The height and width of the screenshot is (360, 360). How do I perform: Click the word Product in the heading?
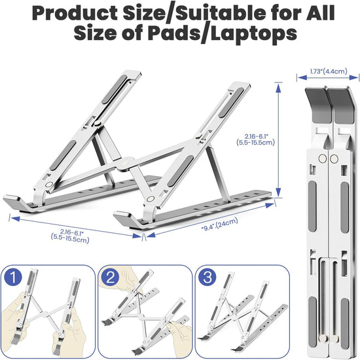pos(75,13)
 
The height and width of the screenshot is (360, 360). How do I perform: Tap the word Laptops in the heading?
pos(254,34)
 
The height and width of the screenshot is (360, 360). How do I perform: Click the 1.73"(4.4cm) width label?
pos(329,71)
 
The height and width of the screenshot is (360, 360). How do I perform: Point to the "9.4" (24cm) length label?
pos(219,225)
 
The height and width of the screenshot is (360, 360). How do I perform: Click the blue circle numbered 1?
pos(13,277)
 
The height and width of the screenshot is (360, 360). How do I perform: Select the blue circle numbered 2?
pos(111,278)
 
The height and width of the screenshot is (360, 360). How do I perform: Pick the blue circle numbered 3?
pos(207,277)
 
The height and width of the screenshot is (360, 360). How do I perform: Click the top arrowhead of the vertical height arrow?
pos(278,88)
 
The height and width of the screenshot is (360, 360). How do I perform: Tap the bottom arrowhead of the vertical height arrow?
pos(278,192)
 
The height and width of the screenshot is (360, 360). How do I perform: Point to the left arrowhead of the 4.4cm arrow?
pos(302,78)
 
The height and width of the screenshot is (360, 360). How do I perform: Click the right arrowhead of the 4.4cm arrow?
pos(353,78)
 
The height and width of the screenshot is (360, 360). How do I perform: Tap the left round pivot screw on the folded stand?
pos(323,158)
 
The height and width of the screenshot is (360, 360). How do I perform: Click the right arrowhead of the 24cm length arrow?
pos(270,205)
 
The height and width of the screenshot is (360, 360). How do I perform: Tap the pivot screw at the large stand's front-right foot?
pos(151,199)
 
